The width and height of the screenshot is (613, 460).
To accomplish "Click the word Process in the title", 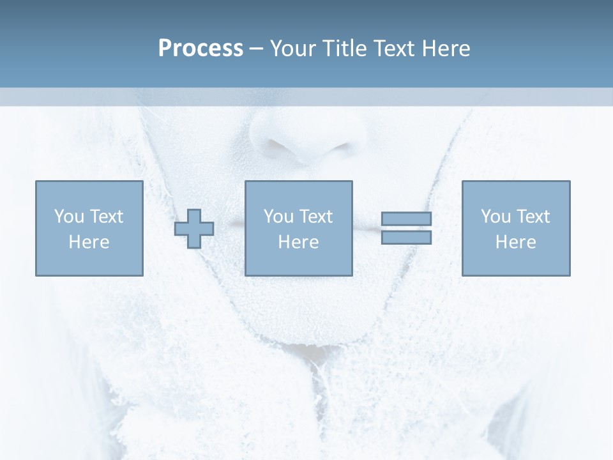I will point(201,49).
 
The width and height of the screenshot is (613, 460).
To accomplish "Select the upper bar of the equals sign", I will point(406,219).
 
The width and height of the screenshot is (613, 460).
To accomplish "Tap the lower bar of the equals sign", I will point(406,238).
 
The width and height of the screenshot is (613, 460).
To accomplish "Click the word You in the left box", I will point(68,217).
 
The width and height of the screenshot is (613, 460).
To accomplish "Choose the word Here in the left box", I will point(89,242).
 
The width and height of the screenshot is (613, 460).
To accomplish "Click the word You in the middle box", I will point(278,217).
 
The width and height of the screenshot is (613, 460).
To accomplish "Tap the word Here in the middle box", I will point(298,242).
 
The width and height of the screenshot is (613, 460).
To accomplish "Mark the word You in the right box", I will point(495,217).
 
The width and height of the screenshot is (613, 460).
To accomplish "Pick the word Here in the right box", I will point(515,242).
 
